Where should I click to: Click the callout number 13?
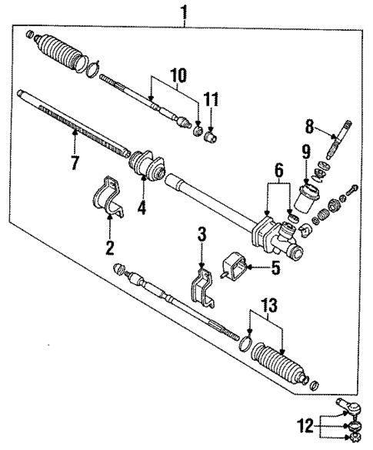(x=268, y=308)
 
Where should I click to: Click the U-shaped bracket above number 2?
(x=108, y=198)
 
